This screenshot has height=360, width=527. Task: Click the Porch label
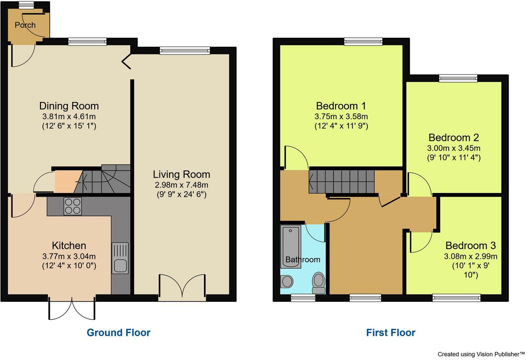25,25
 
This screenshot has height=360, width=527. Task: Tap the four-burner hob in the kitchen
73,206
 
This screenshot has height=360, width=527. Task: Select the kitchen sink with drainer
120,258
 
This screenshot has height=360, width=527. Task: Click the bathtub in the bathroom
291,247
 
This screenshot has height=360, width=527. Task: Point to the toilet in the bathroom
319,283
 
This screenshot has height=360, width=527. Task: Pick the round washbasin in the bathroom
287,281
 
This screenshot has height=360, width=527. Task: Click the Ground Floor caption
119,333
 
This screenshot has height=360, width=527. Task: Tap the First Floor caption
391,333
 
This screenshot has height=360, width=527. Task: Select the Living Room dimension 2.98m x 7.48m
181,185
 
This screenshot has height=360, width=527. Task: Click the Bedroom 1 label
341,106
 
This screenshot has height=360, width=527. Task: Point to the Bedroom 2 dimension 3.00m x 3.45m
454,148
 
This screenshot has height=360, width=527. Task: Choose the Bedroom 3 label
471,246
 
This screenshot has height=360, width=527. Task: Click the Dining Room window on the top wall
87,42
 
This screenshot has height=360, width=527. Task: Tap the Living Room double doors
182,287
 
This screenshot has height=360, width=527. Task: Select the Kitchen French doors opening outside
72,308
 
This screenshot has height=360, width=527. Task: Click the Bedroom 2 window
458,78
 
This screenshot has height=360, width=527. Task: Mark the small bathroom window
303,298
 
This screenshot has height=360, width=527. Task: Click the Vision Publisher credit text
481,354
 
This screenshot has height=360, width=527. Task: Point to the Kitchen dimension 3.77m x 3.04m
69,256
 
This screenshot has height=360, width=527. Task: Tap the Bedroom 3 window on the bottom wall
457,298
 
